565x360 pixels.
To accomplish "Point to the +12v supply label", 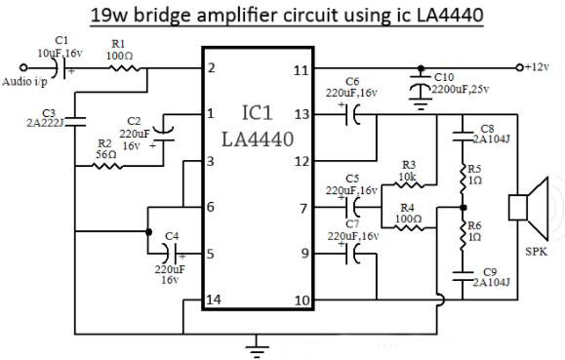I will pyautogui.click(x=539, y=67).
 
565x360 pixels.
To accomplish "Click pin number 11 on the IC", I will pyautogui.click(x=301, y=70).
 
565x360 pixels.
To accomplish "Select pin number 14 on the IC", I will pyautogui.click(x=214, y=300).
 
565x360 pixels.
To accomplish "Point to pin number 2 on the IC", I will pyautogui.click(x=210, y=68).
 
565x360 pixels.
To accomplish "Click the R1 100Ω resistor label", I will pyautogui.click(x=118, y=50).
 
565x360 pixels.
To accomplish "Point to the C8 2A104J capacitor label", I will pyautogui.click(x=487, y=134).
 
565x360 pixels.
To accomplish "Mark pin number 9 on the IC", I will pyautogui.click(x=303, y=254).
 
